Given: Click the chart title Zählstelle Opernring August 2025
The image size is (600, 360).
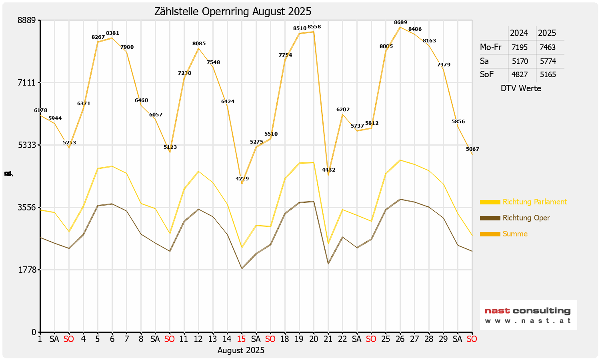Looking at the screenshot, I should coord(233,12).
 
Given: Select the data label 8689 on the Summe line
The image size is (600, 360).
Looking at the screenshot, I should coord(400,22).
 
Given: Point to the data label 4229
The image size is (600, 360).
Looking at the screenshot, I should coord(242,178).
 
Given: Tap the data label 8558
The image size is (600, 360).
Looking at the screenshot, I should coord(314,27).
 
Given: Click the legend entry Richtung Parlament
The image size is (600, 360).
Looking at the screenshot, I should coord(534,202).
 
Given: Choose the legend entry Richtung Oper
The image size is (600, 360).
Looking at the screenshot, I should coord(526,218).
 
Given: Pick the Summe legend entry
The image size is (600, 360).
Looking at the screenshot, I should coord(515,234).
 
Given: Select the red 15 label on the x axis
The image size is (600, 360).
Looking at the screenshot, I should coord(241,339).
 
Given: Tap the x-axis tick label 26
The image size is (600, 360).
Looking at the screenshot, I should coord(400,339).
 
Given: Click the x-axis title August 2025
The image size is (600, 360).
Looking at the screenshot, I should coord(241,350).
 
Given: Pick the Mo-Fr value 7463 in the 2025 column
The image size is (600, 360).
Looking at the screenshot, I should coord(547,47).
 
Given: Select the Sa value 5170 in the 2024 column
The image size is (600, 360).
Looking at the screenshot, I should coord(520,61).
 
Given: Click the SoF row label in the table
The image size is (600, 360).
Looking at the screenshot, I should coord(487,74).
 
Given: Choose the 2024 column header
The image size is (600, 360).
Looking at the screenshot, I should coord(519,33).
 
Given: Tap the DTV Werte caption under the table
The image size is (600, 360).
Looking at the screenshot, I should coord(521,88).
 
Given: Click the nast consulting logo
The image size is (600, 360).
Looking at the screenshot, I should coord(528,315).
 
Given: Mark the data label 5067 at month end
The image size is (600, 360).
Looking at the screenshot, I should coord(472,149).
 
